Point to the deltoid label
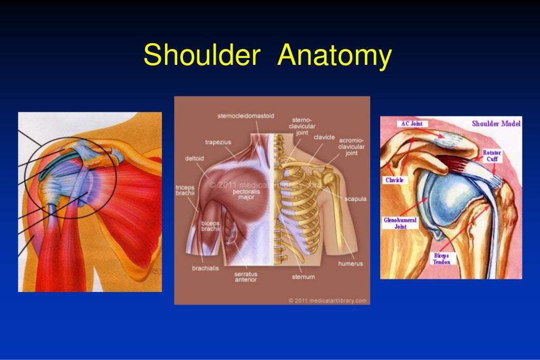[194, 157]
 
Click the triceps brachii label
[185, 190]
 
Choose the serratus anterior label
[246, 277]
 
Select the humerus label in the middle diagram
[350, 263]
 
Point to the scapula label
[355, 199]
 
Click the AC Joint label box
[411, 123]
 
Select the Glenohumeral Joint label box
[400, 223]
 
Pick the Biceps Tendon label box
[441, 258]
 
